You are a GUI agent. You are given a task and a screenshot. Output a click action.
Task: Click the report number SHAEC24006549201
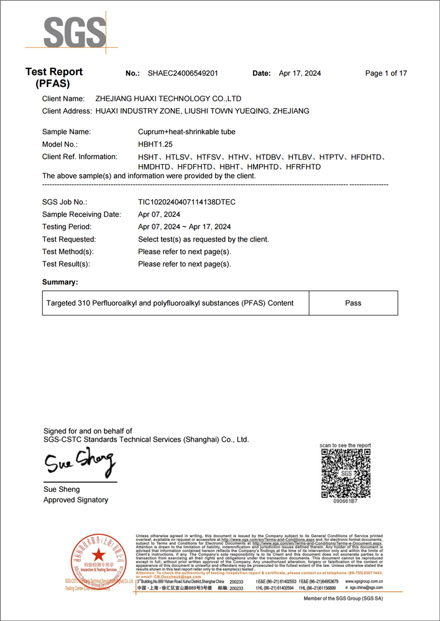pos(183,73)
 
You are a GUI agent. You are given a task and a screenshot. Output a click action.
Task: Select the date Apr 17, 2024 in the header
pos(300,73)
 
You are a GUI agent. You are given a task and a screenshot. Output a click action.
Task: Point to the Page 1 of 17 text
pos(386,73)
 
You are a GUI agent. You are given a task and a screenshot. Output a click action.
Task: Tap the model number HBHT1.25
pos(155,144)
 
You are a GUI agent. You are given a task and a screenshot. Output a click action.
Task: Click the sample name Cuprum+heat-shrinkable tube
pos(186,132)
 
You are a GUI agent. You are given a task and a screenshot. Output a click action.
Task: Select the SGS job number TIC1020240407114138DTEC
pos(186,202)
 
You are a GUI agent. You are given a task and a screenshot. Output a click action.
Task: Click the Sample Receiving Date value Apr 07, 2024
pos(159,214)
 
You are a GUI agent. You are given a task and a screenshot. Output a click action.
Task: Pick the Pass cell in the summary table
pos(353,303)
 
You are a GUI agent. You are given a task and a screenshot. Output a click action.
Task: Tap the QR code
pos(346,473)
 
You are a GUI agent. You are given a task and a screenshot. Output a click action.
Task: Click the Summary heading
pos(60,282)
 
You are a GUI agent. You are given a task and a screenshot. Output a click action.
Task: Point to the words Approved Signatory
pos(76,500)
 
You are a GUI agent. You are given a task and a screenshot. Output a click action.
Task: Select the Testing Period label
pos(66,227)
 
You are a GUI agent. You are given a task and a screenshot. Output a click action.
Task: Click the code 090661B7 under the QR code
pos(346,501)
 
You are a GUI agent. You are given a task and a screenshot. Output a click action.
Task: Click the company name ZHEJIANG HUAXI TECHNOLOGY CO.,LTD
pos(168,99)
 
